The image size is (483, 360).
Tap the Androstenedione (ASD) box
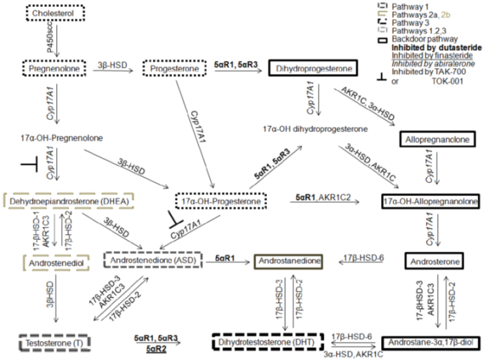152,260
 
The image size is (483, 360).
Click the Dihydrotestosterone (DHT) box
267,343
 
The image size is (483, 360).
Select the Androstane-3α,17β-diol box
430,343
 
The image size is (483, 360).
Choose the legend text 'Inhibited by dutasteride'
428,62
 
